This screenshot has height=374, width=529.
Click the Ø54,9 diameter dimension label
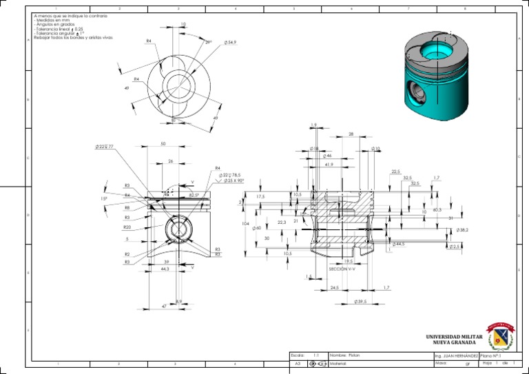(231, 43)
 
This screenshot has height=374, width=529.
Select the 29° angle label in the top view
(208, 42)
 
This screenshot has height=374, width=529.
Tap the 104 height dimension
(245, 224)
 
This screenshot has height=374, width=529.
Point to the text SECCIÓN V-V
(342, 269)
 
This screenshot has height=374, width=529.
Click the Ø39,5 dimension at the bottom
(360, 302)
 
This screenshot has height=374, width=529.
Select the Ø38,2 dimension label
(462, 229)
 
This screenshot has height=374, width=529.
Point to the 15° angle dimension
(103, 198)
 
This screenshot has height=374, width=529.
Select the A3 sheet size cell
(298, 363)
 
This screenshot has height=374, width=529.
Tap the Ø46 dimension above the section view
(327, 156)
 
